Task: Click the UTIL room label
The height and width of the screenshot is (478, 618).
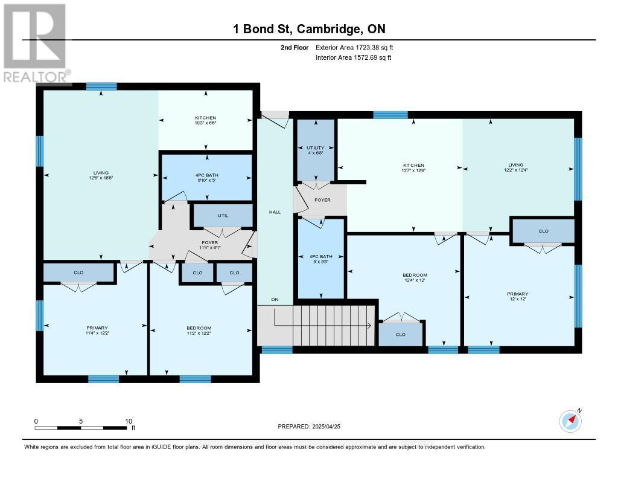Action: pos(223,216)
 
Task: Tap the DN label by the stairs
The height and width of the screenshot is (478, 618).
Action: pos(275,299)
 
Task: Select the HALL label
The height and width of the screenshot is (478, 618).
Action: pos(275,212)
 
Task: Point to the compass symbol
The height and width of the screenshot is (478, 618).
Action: pos(570,421)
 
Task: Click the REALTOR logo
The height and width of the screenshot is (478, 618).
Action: pos(36,44)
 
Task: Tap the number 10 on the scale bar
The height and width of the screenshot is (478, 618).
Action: pos(129,421)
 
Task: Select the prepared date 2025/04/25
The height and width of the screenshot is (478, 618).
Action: pos(326,426)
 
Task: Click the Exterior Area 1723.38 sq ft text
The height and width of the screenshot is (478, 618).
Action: pos(354,47)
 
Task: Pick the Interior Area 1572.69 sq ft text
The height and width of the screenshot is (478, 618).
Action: pos(354,57)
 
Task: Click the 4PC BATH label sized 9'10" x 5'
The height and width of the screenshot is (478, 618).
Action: pos(207,177)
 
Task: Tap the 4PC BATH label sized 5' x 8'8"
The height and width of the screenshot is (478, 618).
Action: pos(321,259)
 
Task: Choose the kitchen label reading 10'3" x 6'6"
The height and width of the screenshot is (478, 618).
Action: pos(205,120)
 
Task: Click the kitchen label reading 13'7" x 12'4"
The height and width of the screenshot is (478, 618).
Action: pos(413,168)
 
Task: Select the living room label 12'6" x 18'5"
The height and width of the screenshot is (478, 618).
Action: pos(101,175)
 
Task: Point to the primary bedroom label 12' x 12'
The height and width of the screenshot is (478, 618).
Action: pos(517,296)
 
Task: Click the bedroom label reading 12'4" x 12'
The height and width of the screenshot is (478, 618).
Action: pos(415,277)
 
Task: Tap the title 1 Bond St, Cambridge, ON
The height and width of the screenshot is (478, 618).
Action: pos(310,29)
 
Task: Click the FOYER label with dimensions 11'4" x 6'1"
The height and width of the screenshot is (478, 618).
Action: pos(209,245)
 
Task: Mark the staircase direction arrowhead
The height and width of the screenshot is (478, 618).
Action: pos(370,326)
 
